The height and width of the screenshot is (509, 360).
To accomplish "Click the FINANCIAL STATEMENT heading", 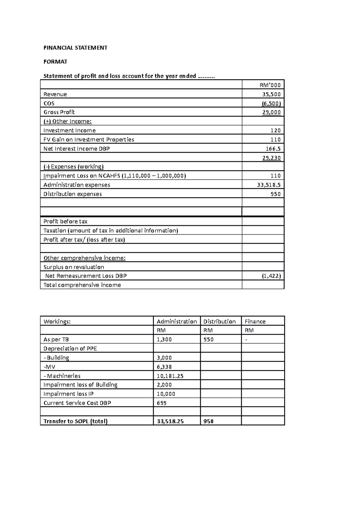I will pyautogui.click(x=75, y=48).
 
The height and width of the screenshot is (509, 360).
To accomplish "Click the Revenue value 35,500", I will pyautogui.click(x=271, y=94).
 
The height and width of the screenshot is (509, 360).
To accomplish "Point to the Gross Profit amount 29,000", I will pyautogui.click(x=271, y=112).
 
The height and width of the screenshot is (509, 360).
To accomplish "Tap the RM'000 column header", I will pyautogui.click(x=270, y=85).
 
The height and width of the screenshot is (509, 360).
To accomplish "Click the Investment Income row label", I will pyautogui.click(x=70, y=130).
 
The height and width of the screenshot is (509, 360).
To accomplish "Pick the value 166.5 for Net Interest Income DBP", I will pyautogui.click(x=273, y=149).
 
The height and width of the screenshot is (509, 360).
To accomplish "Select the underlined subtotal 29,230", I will pyautogui.click(x=271, y=158).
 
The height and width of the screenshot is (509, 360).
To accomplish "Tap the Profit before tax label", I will pyautogui.click(x=65, y=222).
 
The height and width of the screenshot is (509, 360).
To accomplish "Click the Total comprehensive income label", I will pyautogui.click(x=82, y=285).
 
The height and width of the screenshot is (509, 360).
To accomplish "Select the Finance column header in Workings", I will pyautogui.click(x=255, y=321).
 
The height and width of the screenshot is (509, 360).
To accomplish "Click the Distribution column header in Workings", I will pyautogui.click(x=219, y=321).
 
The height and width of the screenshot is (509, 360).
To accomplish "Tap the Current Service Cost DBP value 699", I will pyautogui.click(x=162, y=403).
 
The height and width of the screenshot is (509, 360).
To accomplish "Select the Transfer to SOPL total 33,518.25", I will pyautogui.click(x=170, y=421).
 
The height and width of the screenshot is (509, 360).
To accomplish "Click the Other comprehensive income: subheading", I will pyautogui.click(x=85, y=258).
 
